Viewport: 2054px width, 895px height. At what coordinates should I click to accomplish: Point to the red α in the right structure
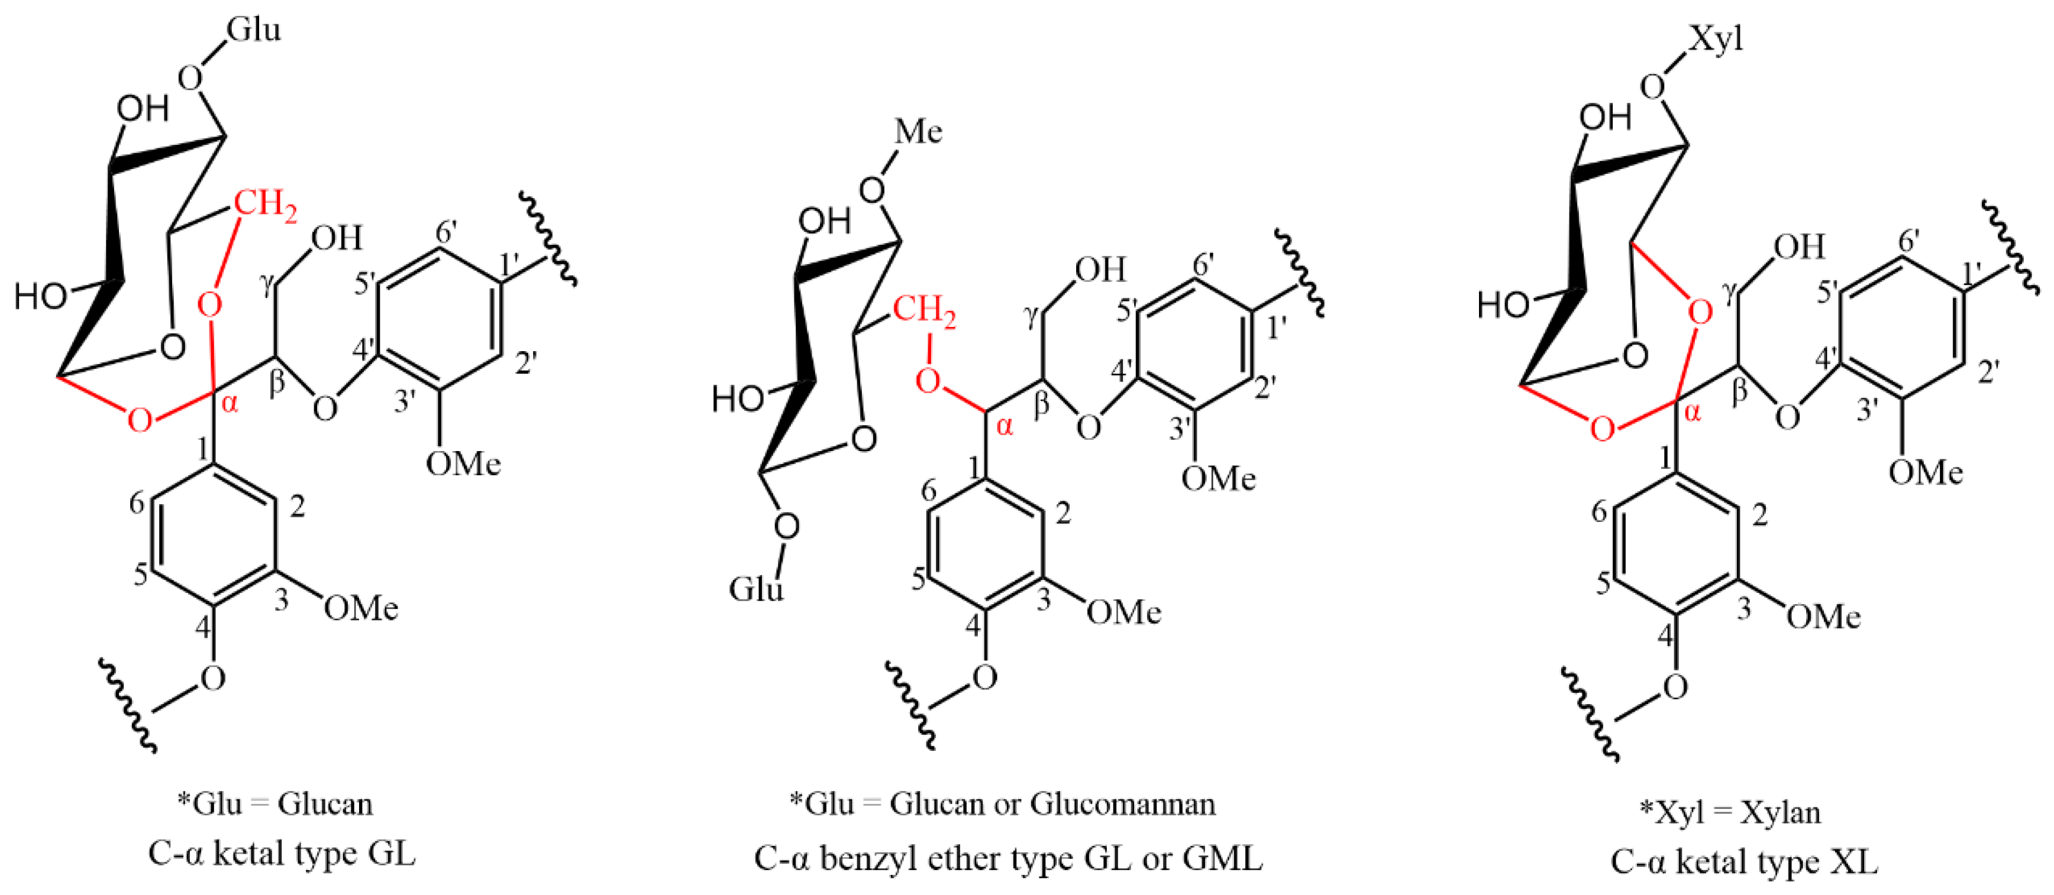1693,412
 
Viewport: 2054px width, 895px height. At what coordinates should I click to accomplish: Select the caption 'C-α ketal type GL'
282,854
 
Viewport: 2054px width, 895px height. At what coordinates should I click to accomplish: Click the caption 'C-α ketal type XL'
1744,861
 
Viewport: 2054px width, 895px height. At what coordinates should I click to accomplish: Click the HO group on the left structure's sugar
40,297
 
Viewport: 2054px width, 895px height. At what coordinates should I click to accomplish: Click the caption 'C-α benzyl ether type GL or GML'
1008,859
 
